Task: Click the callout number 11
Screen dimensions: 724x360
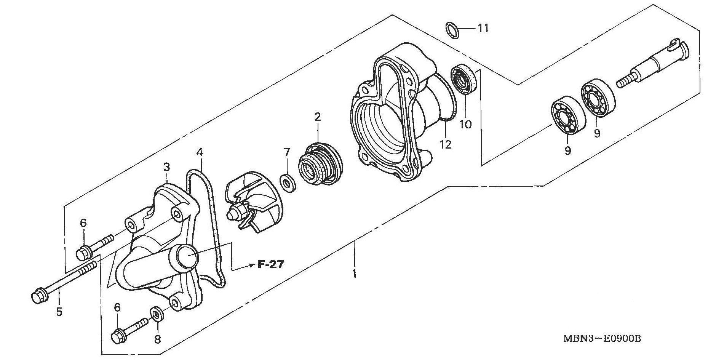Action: pyautogui.click(x=483, y=28)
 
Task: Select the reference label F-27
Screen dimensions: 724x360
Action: pyautogui.click(x=271, y=264)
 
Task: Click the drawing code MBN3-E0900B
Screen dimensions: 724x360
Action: pyautogui.click(x=602, y=338)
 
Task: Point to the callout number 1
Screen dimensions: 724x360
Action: pyautogui.click(x=354, y=274)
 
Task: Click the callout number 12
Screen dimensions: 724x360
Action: pyautogui.click(x=446, y=144)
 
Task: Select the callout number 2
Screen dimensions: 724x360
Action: pyautogui.click(x=318, y=117)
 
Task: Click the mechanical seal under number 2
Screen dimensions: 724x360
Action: pyautogui.click(x=321, y=164)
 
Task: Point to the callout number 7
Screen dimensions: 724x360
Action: pyautogui.click(x=287, y=152)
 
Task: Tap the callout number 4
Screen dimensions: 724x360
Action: pyautogui.click(x=200, y=153)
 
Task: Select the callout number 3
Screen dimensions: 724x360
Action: pyautogui.click(x=166, y=167)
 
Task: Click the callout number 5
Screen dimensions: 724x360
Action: pyautogui.click(x=59, y=312)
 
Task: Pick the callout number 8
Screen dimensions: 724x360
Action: pyautogui.click(x=157, y=339)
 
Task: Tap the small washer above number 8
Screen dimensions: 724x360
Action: pyautogui.click(x=157, y=313)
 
